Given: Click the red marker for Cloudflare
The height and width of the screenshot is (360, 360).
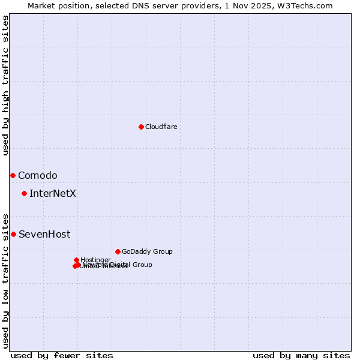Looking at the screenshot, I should pyautogui.click(x=141, y=127).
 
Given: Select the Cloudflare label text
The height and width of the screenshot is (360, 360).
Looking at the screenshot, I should pyautogui.click(x=161, y=127).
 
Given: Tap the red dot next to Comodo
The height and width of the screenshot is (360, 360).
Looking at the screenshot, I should pyautogui.click(x=13, y=175).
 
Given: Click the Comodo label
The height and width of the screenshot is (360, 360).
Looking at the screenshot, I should pyautogui.click(x=38, y=176).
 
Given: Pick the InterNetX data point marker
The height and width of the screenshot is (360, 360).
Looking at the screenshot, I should pyautogui.click(x=24, y=193).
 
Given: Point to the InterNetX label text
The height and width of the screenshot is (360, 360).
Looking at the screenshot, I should pyautogui.click(x=53, y=194).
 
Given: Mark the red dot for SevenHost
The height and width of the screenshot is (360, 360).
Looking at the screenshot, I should pyautogui.click(x=13, y=234).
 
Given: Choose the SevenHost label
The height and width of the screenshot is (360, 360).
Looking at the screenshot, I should pyautogui.click(x=44, y=235).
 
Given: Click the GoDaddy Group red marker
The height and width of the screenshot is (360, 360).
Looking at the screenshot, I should pyautogui.click(x=118, y=251).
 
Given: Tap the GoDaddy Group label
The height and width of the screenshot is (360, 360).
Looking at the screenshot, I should pyautogui.click(x=147, y=252).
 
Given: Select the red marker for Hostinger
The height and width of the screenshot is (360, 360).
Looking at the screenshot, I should pyautogui.click(x=76, y=260).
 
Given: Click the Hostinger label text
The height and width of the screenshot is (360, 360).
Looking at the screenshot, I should pyautogui.click(x=95, y=260).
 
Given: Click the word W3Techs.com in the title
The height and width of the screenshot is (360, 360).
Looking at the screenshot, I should pyautogui.click(x=310, y=5).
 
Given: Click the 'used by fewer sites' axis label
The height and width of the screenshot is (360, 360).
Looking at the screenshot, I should pyautogui.click(x=62, y=355).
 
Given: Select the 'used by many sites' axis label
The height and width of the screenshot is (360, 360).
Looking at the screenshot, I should pyautogui.click(x=301, y=355).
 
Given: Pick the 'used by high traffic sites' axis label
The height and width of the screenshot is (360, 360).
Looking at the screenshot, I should pyautogui.click(x=6, y=85).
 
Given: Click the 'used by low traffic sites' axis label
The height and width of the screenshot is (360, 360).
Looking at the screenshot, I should pyautogui.click(x=6, y=280).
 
